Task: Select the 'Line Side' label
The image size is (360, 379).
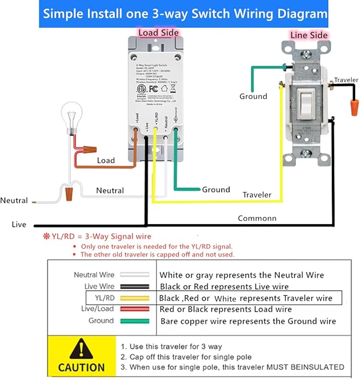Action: click(x=309, y=35)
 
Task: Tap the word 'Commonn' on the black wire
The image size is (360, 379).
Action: click(x=257, y=218)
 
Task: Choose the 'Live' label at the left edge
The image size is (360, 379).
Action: click(x=19, y=225)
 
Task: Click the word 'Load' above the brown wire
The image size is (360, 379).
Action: click(x=106, y=160)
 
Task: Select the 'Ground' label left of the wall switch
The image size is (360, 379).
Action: click(x=253, y=96)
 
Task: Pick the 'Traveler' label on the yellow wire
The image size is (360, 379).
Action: click(x=257, y=195)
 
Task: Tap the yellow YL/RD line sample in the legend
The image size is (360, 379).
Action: click(x=134, y=298)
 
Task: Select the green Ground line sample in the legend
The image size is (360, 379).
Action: click(x=134, y=321)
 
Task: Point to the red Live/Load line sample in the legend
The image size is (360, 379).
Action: click(x=134, y=309)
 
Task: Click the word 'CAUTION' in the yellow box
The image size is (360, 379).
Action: click(x=81, y=367)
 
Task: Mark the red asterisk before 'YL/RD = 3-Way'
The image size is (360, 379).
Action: click(x=47, y=236)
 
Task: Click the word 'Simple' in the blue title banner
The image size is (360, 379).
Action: click(x=65, y=13)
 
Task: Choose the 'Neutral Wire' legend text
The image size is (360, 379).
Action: click(x=93, y=275)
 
